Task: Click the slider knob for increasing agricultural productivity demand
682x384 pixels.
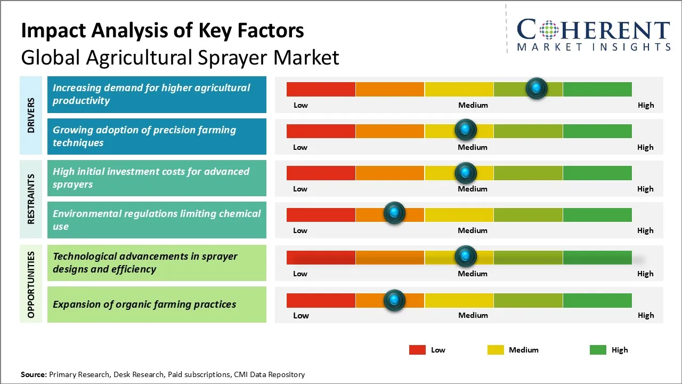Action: pos(537,88)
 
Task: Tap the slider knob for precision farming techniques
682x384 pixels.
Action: pos(466,130)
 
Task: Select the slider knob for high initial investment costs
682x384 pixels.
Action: pos(466,172)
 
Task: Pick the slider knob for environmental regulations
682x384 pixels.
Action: pos(394,213)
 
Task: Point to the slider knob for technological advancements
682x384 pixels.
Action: pos(466,257)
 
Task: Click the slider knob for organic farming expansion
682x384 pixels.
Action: pos(394,300)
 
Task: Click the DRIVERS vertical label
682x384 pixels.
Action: pos(31,115)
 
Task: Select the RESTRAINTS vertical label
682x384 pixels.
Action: pos(31,199)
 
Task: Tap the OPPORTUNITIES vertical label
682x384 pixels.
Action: pos(31,284)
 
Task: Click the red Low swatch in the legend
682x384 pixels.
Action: pos(417,350)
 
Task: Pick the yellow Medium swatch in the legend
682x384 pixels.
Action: pos(496,350)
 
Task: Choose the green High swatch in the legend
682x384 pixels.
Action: pos(598,350)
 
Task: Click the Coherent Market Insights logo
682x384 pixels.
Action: pos(593,35)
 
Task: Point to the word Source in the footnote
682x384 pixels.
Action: pos(33,374)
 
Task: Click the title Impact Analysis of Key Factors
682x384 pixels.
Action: pos(163,31)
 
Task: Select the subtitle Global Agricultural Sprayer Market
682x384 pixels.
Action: pos(180,57)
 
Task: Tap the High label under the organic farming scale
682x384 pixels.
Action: pos(646,315)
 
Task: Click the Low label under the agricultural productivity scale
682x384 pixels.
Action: pos(301,105)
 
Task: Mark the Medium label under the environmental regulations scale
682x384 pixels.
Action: pos(473,230)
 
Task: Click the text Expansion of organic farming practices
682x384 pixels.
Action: pos(144,305)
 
